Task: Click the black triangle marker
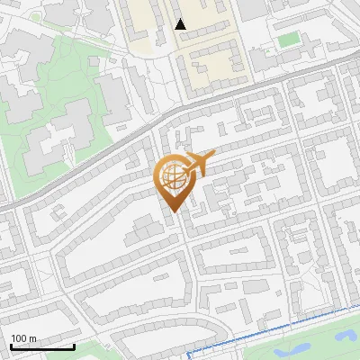click(181, 24)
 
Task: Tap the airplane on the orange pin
click(200, 163)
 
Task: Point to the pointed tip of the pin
click(172, 212)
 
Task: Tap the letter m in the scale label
click(33, 338)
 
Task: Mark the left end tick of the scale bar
click(11, 345)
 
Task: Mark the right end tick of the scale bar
click(74, 345)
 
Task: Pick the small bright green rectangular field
click(287, 40)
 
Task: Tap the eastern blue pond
click(343, 335)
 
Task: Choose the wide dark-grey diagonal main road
click(108, 153)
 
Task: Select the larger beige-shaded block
click(211, 54)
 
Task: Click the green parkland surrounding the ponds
click(315, 346)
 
